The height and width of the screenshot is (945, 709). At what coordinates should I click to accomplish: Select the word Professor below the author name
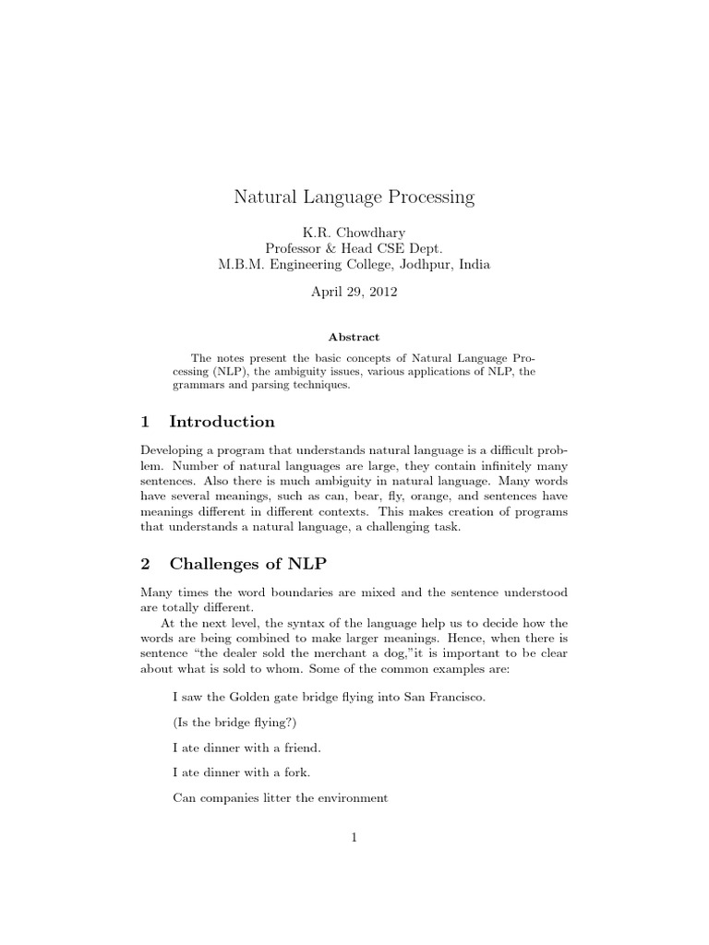pyautogui.click(x=297, y=247)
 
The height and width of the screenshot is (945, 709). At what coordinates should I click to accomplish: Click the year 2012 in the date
pyautogui.click(x=379, y=291)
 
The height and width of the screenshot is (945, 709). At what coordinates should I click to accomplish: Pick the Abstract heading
pyautogui.click(x=354, y=338)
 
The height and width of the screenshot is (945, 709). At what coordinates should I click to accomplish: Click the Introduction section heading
pyautogui.click(x=222, y=422)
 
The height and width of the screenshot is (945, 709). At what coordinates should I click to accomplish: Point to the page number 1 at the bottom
pyautogui.click(x=354, y=838)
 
